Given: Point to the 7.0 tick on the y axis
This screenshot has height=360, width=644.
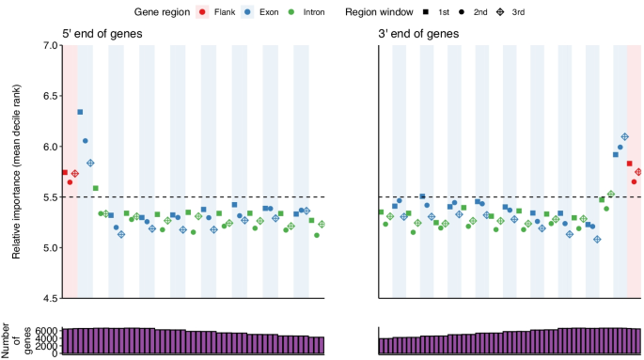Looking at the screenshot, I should pos(47,45).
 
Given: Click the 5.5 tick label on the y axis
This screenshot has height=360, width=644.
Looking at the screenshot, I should pos(47,197).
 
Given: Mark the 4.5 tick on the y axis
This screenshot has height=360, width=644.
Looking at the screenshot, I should pos(47,299).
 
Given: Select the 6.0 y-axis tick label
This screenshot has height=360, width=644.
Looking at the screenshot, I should pos(47,147).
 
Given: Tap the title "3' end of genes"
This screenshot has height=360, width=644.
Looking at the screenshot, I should pos(419,35).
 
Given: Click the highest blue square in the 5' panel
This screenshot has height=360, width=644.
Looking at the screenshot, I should pos(80,112).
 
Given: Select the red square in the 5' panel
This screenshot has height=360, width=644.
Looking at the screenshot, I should pos(64,172).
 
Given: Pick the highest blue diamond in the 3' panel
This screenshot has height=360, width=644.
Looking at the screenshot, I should pos(624,137).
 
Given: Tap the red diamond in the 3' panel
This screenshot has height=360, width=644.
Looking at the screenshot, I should pos(638,172).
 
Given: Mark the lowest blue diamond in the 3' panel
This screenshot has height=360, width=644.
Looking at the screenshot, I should pos(597,240).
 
